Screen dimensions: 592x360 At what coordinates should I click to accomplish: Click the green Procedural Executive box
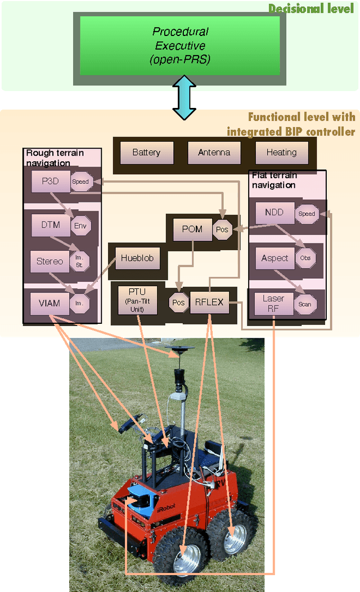(x=181, y=45)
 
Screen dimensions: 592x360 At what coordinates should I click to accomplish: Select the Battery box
(x=146, y=152)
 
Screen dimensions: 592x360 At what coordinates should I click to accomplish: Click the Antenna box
(x=214, y=152)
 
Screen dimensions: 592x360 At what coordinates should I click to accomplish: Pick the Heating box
(x=281, y=152)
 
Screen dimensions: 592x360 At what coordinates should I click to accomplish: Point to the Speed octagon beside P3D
(x=80, y=182)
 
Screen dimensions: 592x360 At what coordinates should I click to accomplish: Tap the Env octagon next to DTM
(x=80, y=226)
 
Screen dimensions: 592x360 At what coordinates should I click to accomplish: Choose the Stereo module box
(x=50, y=261)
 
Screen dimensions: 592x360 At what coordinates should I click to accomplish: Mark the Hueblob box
(x=137, y=259)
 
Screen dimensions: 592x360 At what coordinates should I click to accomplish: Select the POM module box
(x=192, y=230)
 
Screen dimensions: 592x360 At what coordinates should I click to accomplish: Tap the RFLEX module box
(x=209, y=302)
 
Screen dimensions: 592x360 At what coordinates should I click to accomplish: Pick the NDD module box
(x=274, y=213)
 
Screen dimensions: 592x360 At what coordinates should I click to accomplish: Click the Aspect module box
(x=274, y=258)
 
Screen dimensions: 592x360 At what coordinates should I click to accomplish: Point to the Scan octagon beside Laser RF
(x=304, y=304)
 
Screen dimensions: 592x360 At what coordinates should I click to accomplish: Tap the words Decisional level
(x=311, y=8)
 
